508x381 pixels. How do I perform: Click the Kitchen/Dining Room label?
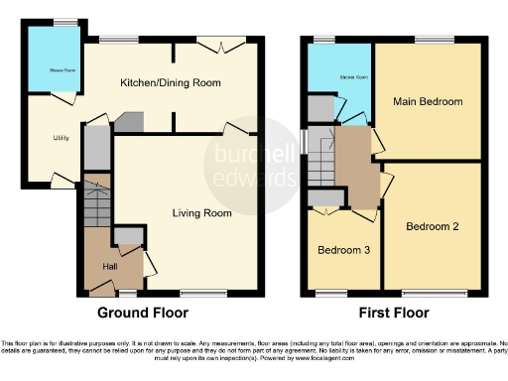(170, 83)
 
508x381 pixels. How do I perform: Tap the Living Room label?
(201, 213)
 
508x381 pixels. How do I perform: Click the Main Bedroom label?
(428, 101)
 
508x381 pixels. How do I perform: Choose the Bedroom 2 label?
(432, 226)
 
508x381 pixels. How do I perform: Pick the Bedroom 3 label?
(343, 250)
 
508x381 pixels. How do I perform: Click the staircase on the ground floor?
(97, 203)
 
